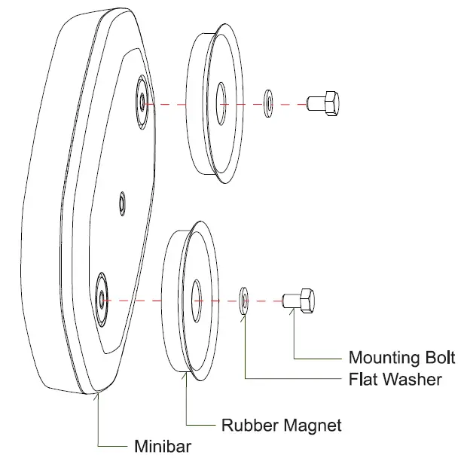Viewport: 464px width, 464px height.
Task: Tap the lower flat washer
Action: click(244, 298)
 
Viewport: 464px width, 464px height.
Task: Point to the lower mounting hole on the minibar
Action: click(102, 296)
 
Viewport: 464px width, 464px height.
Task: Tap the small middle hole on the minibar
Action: click(124, 202)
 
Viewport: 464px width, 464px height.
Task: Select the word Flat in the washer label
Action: click(363, 378)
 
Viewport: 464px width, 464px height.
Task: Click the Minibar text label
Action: click(162, 446)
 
